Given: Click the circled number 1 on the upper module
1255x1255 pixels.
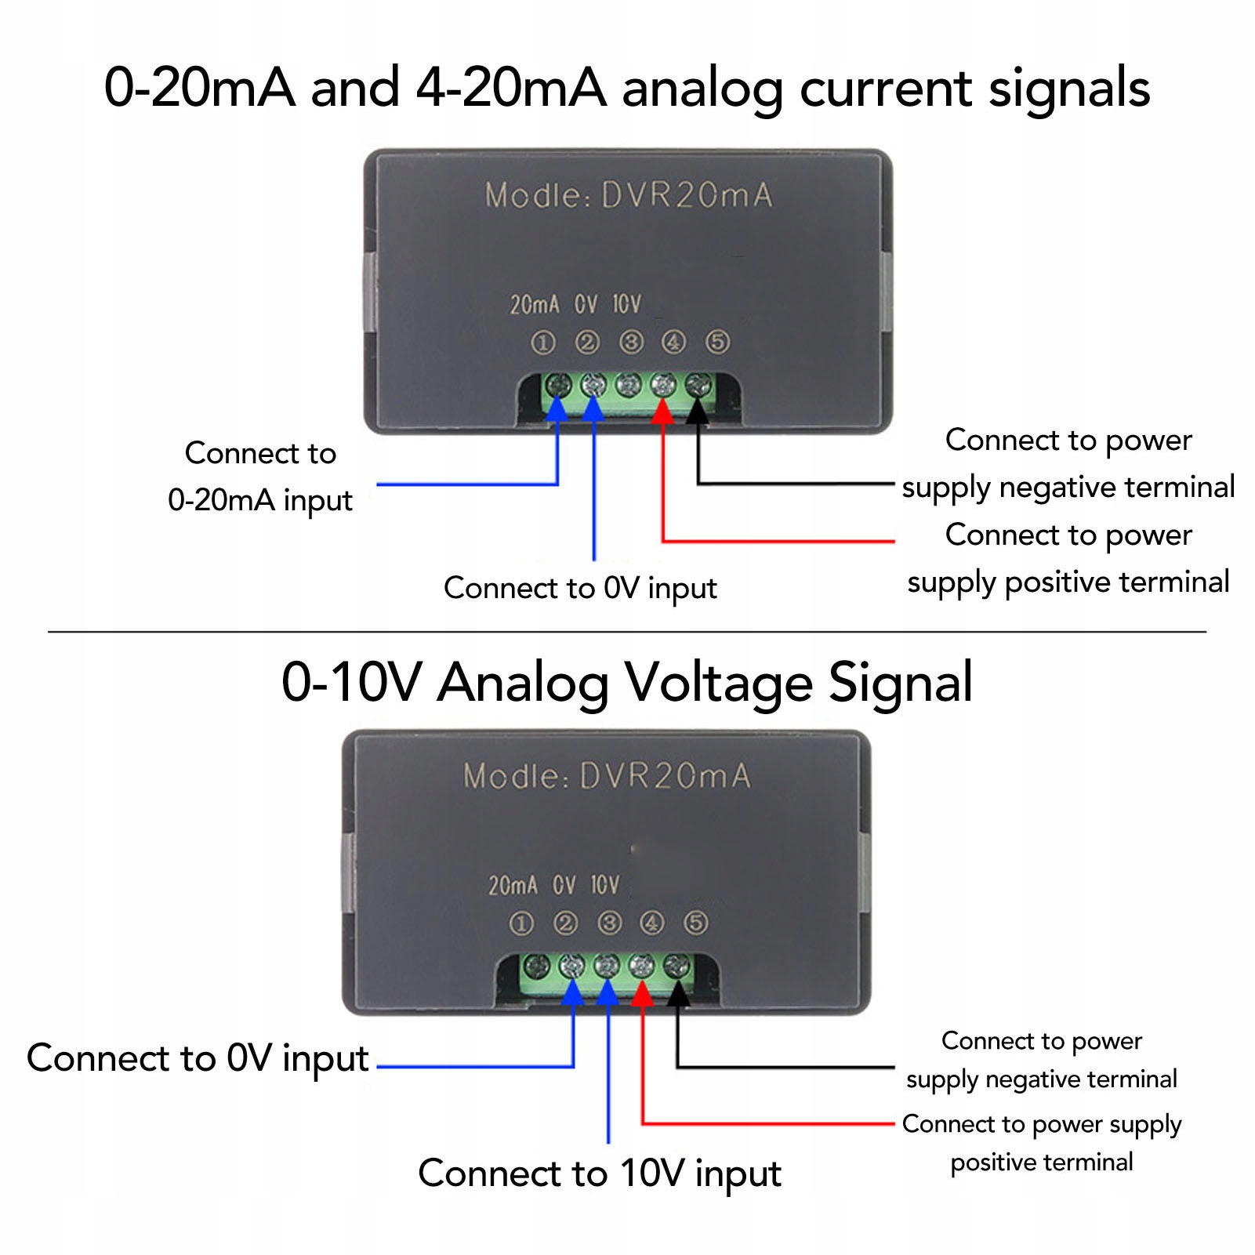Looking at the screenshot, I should (543, 343).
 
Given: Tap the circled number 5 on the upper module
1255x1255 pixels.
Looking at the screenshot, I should (717, 343).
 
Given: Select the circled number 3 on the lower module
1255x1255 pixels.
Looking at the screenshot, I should (609, 923).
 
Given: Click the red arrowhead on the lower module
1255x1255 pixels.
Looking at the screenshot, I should (642, 994).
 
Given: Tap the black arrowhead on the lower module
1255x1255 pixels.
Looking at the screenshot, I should (677, 994).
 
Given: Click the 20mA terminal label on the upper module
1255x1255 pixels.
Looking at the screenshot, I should (535, 304).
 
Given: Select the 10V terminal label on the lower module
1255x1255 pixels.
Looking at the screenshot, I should (604, 886).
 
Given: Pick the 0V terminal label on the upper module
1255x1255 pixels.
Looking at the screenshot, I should (586, 304).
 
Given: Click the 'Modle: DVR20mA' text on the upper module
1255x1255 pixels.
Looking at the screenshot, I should (629, 195).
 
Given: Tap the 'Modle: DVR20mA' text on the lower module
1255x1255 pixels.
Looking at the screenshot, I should (607, 776).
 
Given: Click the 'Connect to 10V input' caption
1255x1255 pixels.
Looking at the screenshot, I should (600, 1173).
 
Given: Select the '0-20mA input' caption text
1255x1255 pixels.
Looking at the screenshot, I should (260, 500).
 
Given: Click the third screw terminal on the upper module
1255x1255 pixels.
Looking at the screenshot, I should (628, 385).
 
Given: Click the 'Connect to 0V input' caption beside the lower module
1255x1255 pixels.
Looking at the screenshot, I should (198, 1058).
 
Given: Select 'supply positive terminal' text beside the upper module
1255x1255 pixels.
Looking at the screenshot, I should (1068, 582).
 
